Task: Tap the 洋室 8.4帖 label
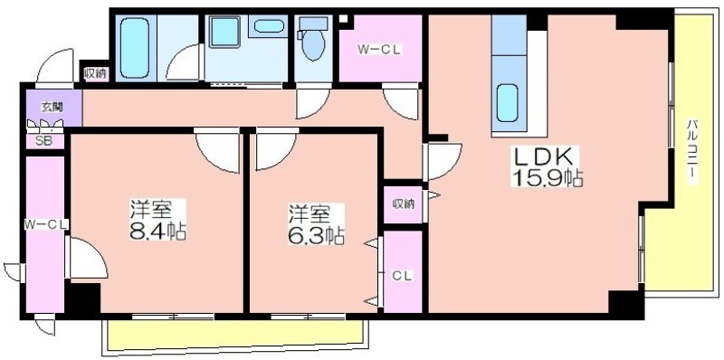[x=157, y=220]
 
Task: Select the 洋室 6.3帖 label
[x=316, y=224]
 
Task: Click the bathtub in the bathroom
[x=135, y=48]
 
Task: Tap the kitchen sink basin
[x=508, y=103]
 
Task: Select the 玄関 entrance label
[x=52, y=107]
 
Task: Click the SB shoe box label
[x=44, y=141]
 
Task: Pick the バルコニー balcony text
[x=691, y=152]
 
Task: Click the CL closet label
[x=402, y=276]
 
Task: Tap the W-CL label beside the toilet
[x=380, y=49]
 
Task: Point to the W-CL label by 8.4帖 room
[x=46, y=224]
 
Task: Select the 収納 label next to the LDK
[x=404, y=204]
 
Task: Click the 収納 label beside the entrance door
[x=96, y=73]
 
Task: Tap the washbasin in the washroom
[x=268, y=26]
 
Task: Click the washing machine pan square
[x=224, y=32]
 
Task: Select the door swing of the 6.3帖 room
[x=276, y=150]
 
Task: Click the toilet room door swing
[x=312, y=102]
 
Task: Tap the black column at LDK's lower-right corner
[x=625, y=304]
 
